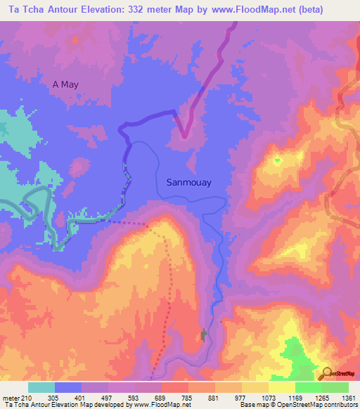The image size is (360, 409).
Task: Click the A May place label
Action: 65,84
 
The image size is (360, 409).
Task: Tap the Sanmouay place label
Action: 188,181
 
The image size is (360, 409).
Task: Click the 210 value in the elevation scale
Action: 25,397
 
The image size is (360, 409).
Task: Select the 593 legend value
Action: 134,397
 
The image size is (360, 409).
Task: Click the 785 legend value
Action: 188,397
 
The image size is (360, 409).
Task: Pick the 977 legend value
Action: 241,397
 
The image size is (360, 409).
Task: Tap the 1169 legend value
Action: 295,397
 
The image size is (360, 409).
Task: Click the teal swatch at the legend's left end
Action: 41,387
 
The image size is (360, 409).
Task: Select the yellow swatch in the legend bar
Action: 282,387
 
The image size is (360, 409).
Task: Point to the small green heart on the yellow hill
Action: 277,160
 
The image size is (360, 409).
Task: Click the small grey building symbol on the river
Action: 204,336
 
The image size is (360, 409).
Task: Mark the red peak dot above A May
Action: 75,39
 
